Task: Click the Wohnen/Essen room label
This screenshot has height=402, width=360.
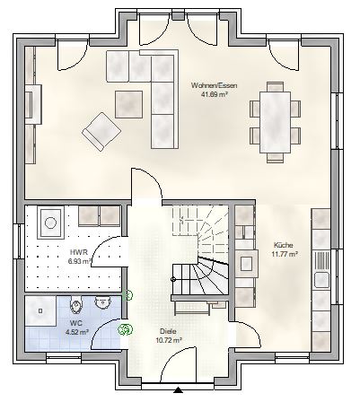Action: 214,85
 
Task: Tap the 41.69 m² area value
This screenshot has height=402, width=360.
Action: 214,95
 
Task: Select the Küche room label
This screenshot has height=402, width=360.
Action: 284,245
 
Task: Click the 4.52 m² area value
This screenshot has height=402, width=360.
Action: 77,332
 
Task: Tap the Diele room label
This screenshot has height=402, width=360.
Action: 169,331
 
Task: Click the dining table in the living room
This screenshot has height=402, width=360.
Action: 276,122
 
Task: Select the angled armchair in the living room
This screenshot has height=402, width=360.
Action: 101,131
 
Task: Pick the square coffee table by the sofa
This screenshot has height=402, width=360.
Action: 128,104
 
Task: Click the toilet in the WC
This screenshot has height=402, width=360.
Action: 76,305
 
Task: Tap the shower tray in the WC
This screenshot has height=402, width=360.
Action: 40,310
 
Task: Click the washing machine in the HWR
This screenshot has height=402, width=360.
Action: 50,223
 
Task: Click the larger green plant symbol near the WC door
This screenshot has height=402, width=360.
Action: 125,329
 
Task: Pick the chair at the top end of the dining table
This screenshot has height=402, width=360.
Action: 276,86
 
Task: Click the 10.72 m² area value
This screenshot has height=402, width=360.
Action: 169,340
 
